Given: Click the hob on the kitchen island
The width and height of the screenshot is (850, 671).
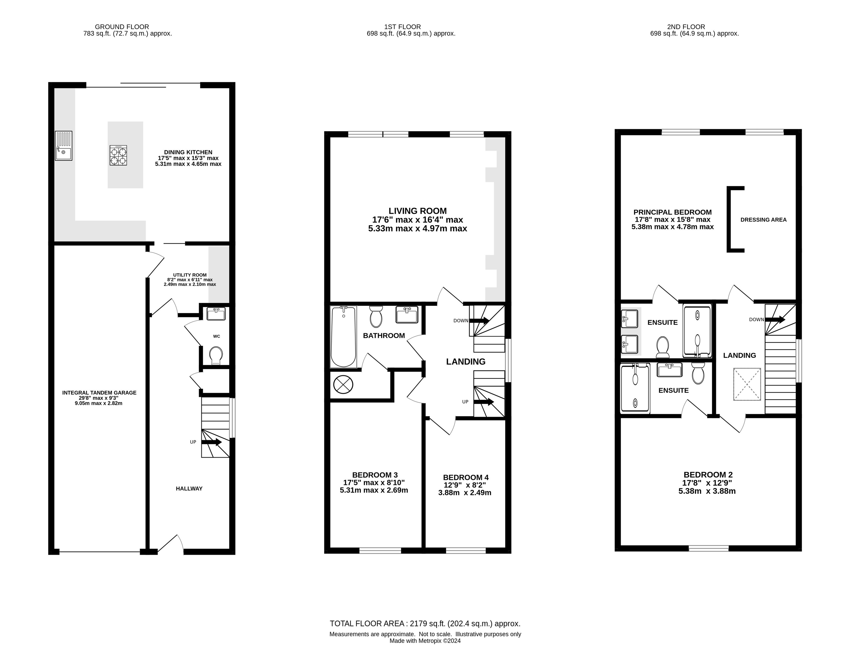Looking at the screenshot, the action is point(118,155).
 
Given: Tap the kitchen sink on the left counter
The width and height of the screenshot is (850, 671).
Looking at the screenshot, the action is point(64,146).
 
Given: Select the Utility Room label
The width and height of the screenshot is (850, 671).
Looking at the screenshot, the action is point(190,275).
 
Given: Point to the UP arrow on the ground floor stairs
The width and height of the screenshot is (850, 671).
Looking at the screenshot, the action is point(211,442).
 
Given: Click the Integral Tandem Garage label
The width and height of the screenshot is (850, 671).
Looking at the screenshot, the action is point(99,392).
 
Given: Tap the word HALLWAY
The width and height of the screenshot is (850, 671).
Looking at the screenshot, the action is point(189,489).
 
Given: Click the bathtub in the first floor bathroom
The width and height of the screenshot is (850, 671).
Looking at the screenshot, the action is point(343,337).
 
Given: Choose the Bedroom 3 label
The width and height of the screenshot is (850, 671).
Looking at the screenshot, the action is point(375,475).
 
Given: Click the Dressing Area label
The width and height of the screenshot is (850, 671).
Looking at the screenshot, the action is point(763,220).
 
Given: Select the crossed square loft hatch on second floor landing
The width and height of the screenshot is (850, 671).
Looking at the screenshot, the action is point(747,384).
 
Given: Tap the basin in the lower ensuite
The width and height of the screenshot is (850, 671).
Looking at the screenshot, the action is point(670,370).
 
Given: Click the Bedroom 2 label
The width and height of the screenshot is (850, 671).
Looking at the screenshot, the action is point(708,475).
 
